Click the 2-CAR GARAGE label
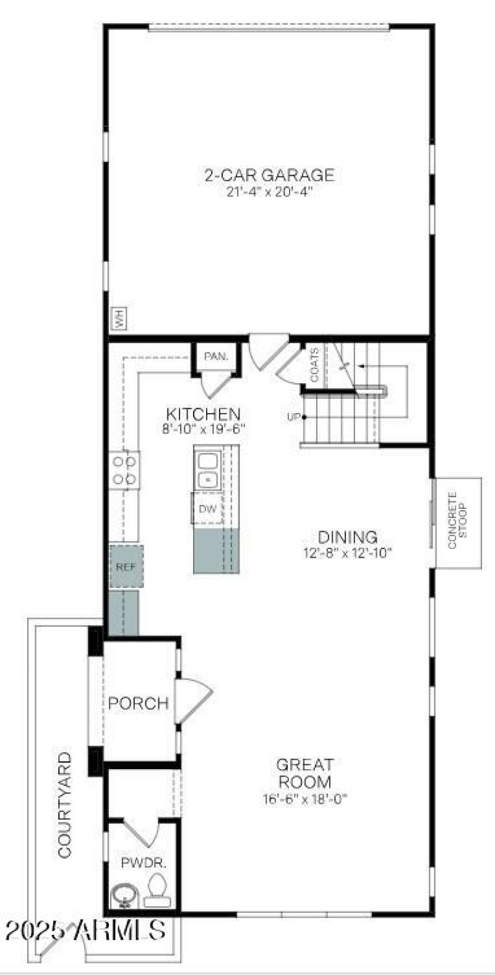click(269, 175)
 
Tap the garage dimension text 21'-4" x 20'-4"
click(270, 192)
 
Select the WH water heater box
click(118, 318)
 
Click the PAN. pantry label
click(216, 356)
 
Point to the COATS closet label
click(314, 365)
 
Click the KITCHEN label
click(203, 414)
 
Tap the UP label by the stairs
click(293, 417)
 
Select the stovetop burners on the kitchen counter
click(124, 470)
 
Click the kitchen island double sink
click(207, 470)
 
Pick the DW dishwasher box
click(207, 508)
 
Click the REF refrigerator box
click(126, 567)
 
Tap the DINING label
click(347, 537)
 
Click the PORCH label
click(138, 703)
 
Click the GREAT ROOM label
click(304, 773)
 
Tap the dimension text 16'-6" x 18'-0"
click(305, 799)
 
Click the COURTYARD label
click(64, 805)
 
